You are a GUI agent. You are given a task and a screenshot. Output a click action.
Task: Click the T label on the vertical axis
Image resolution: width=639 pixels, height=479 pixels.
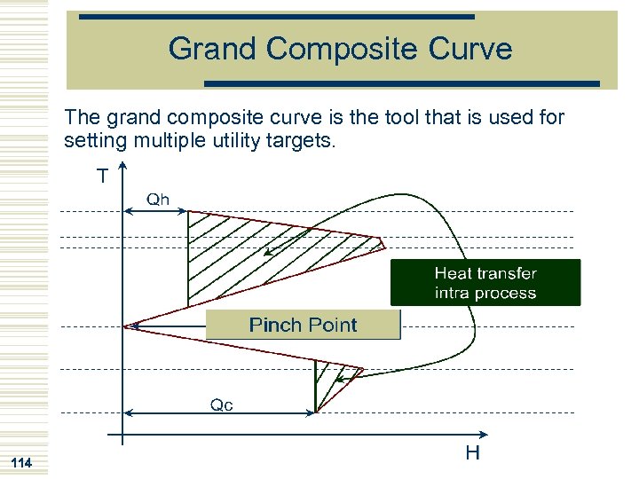coord(103,177)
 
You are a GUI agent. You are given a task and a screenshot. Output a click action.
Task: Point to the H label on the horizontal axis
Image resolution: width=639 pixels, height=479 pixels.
coord(472,453)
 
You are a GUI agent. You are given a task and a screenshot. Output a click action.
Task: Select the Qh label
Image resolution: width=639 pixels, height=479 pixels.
coord(157,200)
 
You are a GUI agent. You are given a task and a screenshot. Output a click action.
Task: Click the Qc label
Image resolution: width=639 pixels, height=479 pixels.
coord(221,404)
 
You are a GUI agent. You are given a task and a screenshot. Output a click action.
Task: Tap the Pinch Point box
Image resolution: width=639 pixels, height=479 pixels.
coord(303,325)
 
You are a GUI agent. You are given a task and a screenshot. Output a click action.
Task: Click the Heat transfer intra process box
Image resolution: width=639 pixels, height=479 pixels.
coord(485,283)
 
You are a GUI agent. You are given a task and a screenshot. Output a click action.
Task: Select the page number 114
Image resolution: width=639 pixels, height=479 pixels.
coord(20,463)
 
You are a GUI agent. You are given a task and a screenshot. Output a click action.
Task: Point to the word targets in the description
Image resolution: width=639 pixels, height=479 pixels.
coord(304,140)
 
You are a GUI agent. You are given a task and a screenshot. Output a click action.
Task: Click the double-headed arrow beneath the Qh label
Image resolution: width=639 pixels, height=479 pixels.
coord(155,211)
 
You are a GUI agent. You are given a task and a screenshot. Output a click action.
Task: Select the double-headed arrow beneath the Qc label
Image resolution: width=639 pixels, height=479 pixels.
coord(219,412)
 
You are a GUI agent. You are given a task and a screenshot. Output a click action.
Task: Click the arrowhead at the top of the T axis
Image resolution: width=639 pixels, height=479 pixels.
coord(122,166)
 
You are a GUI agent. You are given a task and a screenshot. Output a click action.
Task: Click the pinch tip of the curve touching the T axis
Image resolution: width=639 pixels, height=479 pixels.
coord(127,326)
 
